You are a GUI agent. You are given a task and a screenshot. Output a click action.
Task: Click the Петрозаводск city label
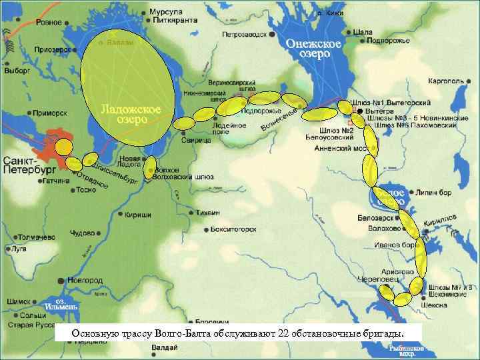tap(246, 33)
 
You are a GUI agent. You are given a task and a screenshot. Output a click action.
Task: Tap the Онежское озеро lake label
tap(314, 49)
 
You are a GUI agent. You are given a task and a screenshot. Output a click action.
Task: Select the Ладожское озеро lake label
tap(131, 114)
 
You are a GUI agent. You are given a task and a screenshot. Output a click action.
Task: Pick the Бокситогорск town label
tap(233, 229)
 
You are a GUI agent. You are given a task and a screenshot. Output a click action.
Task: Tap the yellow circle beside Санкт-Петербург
tap(65, 147)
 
